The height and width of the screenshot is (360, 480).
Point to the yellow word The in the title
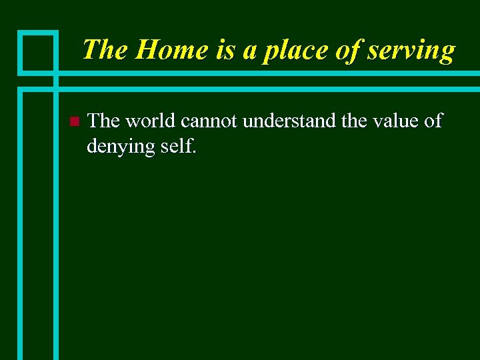point(105,50)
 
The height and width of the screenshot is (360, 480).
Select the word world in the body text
point(151,121)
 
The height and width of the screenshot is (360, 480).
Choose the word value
point(395,121)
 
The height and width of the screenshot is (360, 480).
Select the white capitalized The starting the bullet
point(103,121)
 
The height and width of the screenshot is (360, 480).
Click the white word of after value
point(433,121)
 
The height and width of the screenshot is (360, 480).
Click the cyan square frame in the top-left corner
point(38,51)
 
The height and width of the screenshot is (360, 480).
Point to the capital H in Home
point(145,50)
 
